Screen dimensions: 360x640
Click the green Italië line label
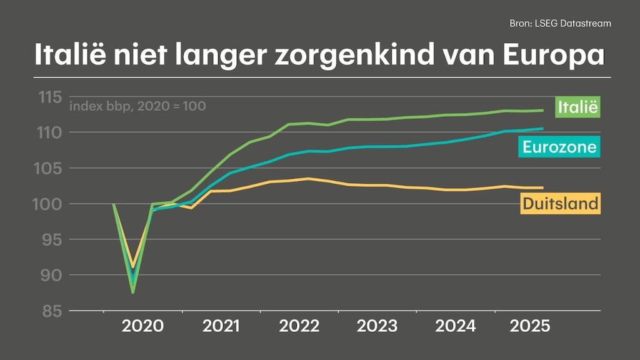click(x=577, y=107)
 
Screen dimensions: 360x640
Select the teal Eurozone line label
click(x=559, y=147)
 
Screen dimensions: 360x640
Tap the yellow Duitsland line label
click(x=560, y=203)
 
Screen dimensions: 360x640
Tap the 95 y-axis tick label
click(x=49, y=239)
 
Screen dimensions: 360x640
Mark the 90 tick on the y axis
click(x=49, y=275)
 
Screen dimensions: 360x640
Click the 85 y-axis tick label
click(x=49, y=311)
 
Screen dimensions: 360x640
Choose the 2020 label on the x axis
click(x=143, y=326)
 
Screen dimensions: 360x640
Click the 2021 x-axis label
click(x=221, y=326)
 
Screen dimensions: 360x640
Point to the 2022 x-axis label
click(x=299, y=326)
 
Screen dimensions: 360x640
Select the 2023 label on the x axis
click(x=377, y=326)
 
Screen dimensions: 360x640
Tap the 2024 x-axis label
click(x=454, y=326)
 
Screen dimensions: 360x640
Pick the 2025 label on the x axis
click(x=530, y=326)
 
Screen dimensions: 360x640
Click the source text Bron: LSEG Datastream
click(x=560, y=23)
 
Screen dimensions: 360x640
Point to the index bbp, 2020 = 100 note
click(x=137, y=106)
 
